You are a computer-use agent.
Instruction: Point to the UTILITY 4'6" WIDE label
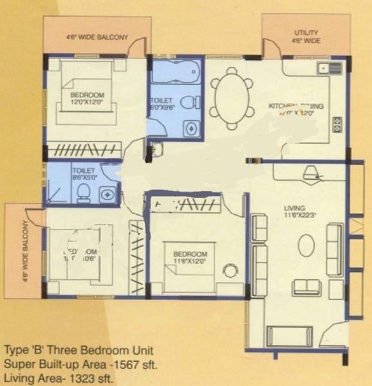[307, 37]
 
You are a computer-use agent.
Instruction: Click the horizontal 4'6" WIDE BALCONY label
[97, 37]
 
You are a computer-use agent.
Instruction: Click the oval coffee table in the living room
[306, 244]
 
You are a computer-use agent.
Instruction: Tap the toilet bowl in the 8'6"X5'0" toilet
[84, 191]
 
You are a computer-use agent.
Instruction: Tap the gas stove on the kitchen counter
[337, 123]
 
